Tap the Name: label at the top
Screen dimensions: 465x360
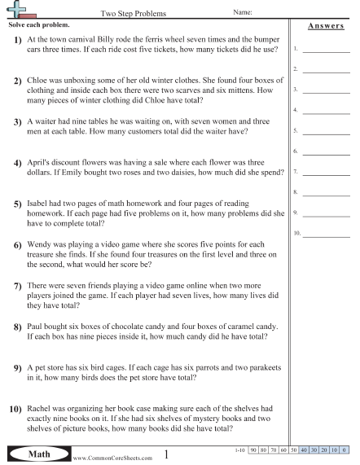click(243, 13)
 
